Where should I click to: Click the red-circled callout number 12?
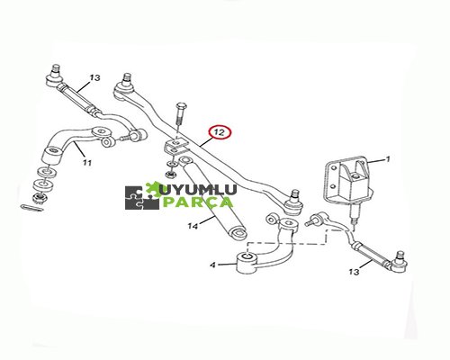[x=220, y=132]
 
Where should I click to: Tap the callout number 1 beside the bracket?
[x=387, y=159]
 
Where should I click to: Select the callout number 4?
[x=212, y=265]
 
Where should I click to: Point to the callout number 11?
[x=87, y=163]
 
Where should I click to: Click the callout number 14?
[x=193, y=226]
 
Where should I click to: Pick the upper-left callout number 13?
[x=94, y=78]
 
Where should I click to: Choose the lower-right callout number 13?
[x=354, y=272]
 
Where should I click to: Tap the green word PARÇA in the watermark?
[x=198, y=202]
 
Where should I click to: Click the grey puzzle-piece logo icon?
[x=142, y=198]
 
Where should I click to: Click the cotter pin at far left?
[x=31, y=208]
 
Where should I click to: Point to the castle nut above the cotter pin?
[x=39, y=198]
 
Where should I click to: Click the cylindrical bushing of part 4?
[x=247, y=263]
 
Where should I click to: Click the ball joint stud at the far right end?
[x=400, y=256]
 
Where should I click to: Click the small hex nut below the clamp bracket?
[x=171, y=174]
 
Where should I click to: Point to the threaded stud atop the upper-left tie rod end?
[x=56, y=69]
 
